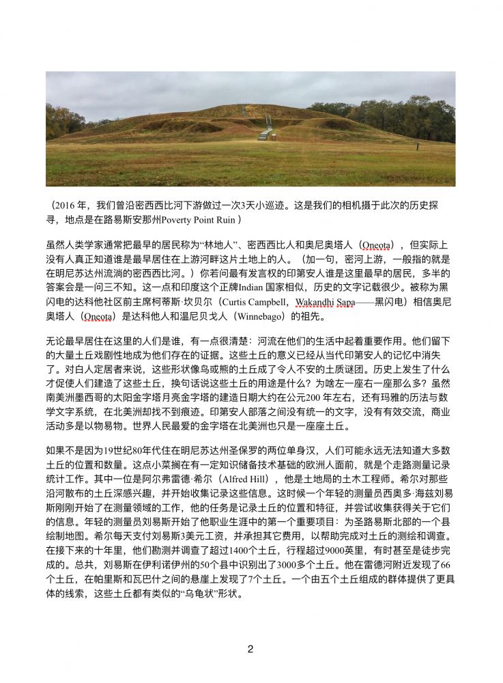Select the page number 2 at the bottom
[250, 649]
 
